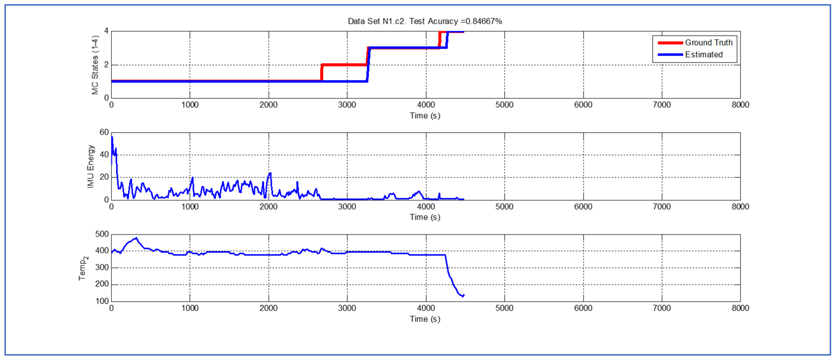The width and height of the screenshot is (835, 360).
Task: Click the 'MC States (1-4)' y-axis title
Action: [x=95, y=65]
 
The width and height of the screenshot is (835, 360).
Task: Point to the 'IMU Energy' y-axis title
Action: [x=90, y=166]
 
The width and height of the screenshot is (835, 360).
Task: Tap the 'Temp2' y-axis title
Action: [x=83, y=268]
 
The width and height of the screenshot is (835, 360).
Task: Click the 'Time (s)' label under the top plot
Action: [x=425, y=116]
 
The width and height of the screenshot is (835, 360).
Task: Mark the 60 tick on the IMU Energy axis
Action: [x=104, y=132]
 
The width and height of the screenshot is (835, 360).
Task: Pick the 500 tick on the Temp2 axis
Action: [x=102, y=234]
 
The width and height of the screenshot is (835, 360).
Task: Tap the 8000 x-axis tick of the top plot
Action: [x=740, y=105]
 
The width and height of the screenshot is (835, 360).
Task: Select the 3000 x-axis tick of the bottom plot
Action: [x=347, y=308]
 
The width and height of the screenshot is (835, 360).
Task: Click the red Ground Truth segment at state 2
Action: [x=344, y=65]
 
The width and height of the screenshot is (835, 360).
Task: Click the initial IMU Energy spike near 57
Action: [x=112, y=137]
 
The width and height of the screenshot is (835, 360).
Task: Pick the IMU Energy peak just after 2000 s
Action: [x=270, y=174]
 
